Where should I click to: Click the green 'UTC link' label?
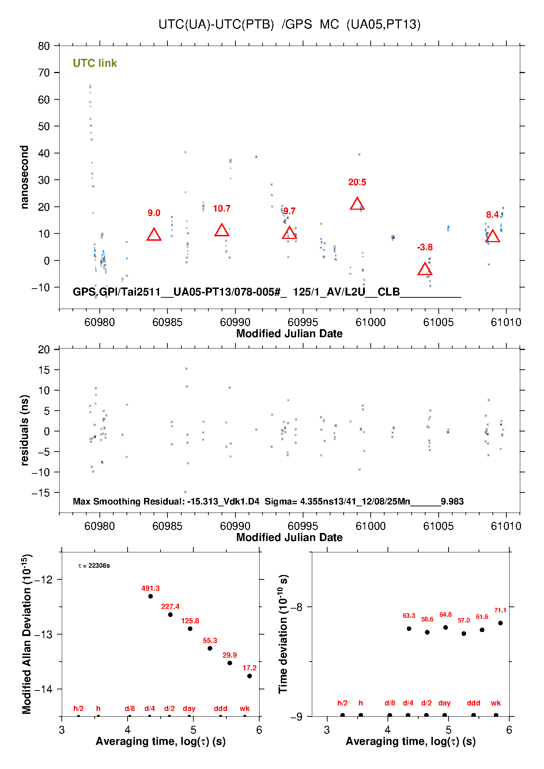click(x=95, y=63)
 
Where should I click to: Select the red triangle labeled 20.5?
click(x=357, y=204)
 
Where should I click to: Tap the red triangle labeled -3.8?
click(x=425, y=270)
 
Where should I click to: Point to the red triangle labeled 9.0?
click(x=154, y=235)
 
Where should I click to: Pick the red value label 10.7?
click(x=222, y=209)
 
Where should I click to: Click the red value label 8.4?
click(x=492, y=215)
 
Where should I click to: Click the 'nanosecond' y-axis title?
click(x=24, y=177)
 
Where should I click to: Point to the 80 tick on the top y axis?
click(x=44, y=46)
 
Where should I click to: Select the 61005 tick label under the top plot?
click(x=438, y=322)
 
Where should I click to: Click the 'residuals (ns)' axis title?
click(x=24, y=430)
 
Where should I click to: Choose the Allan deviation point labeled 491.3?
click(x=151, y=596)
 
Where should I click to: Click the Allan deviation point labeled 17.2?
click(x=249, y=676)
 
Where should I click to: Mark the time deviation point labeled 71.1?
click(x=500, y=623)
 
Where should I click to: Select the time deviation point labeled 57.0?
click(x=464, y=633)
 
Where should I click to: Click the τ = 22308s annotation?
click(x=94, y=566)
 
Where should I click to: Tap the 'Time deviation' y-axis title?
click(x=283, y=634)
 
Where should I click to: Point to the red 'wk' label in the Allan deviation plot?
click(x=245, y=708)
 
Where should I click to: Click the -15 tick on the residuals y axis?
click(x=41, y=493)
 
